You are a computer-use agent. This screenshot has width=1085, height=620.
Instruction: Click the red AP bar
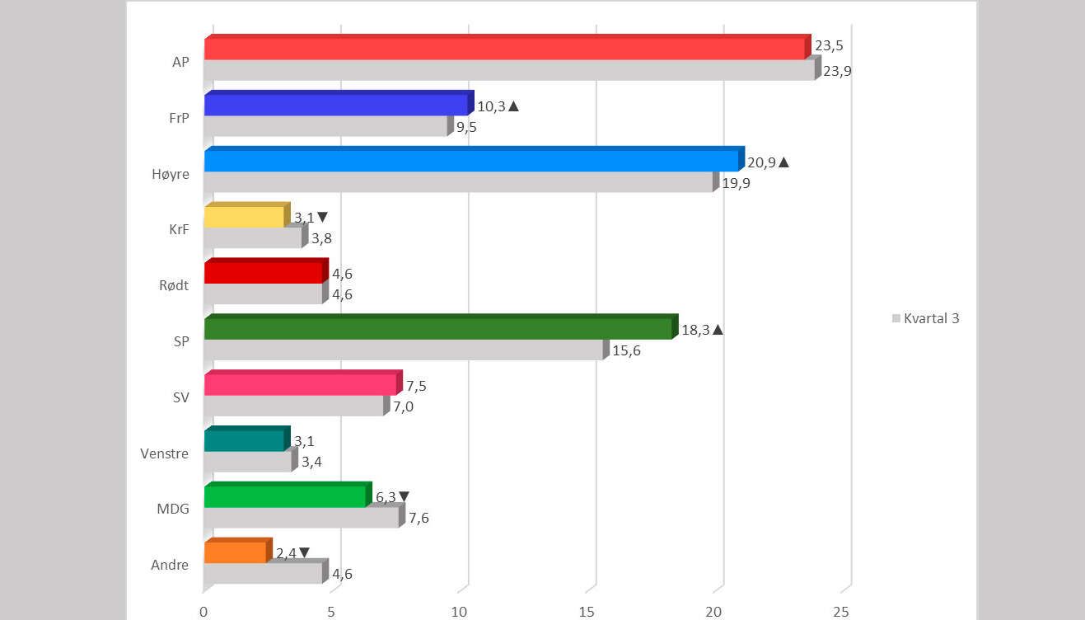pyautogui.click(x=504, y=49)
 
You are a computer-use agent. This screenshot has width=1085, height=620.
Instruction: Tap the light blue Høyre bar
pyautogui.click(x=471, y=161)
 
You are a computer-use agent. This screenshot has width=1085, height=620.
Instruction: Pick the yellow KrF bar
pyautogui.click(x=245, y=217)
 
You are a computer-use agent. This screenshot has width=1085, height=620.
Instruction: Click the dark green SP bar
pyautogui.click(x=438, y=328)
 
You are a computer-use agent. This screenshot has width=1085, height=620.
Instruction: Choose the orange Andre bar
pyautogui.click(x=235, y=552)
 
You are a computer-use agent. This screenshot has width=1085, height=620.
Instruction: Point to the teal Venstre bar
pyautogui.click(x=245, y=440)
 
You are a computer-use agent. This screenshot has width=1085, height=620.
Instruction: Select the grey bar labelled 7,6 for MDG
pyautogui.click(x=302, y=518)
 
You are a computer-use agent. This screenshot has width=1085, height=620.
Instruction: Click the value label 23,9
pyautogui.click(x=837, y=71)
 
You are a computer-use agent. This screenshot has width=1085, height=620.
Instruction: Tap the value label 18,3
pyautogui.click(x=695, y=330)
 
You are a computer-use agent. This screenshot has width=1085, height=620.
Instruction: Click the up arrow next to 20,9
pyautogui.click(x=783, y=162)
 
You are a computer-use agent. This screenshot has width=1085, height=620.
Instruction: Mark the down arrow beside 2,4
pyautogui.click(x=305, y=553)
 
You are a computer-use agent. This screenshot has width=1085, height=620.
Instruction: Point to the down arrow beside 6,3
pyautogui.click(x=404, y=497)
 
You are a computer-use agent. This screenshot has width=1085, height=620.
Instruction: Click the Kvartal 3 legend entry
pyautogui.click(x=926, y=318)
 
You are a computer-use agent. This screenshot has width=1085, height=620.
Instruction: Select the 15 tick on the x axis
pyautogui.click(x=587, y=612)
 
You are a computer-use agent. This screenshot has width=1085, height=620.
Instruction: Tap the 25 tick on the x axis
pyautogui.click(x=842, y=612)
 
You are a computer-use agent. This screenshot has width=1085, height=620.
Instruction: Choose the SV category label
pyautogui.click(x=180, y=397)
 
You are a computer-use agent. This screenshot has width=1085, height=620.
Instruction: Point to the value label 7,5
pyautogui.click(x=416, y=386)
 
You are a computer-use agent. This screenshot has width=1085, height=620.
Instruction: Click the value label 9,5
pyautogui.click(x=466, y=127)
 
